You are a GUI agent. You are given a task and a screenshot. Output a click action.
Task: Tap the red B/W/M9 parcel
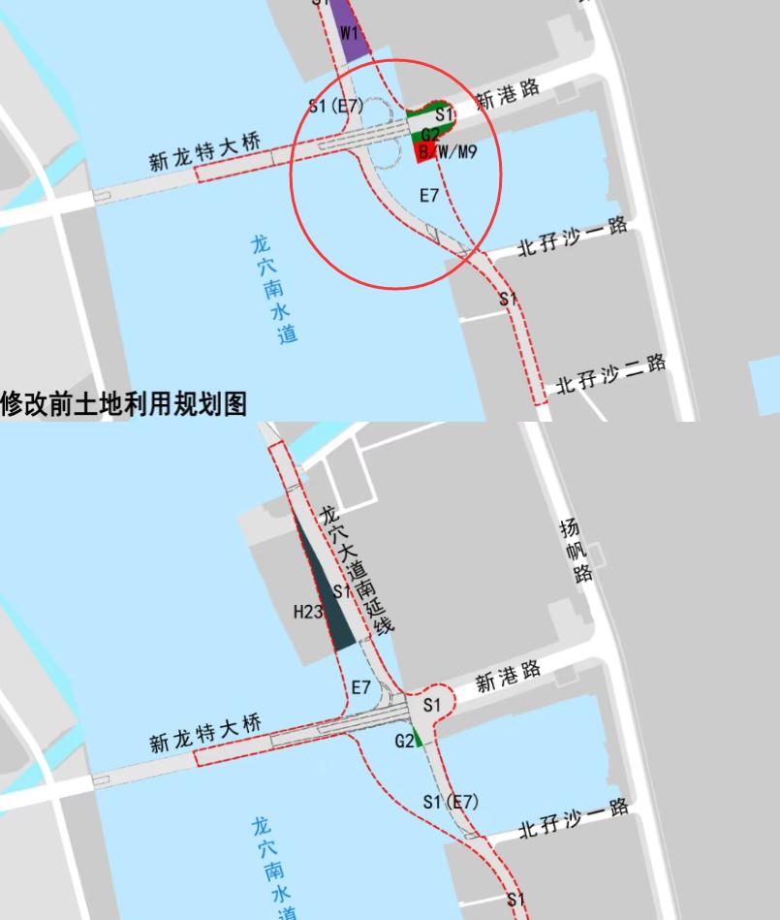click(423, 153)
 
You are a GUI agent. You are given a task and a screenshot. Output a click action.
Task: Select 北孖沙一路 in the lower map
click(574, 818)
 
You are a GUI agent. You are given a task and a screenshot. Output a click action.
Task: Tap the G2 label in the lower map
click(404, 741)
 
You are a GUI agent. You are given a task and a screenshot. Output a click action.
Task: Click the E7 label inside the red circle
click(429, 196)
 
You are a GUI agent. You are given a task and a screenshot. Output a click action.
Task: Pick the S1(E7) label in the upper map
click(335, 106)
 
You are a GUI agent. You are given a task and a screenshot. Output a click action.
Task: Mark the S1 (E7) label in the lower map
click(451, 802)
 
